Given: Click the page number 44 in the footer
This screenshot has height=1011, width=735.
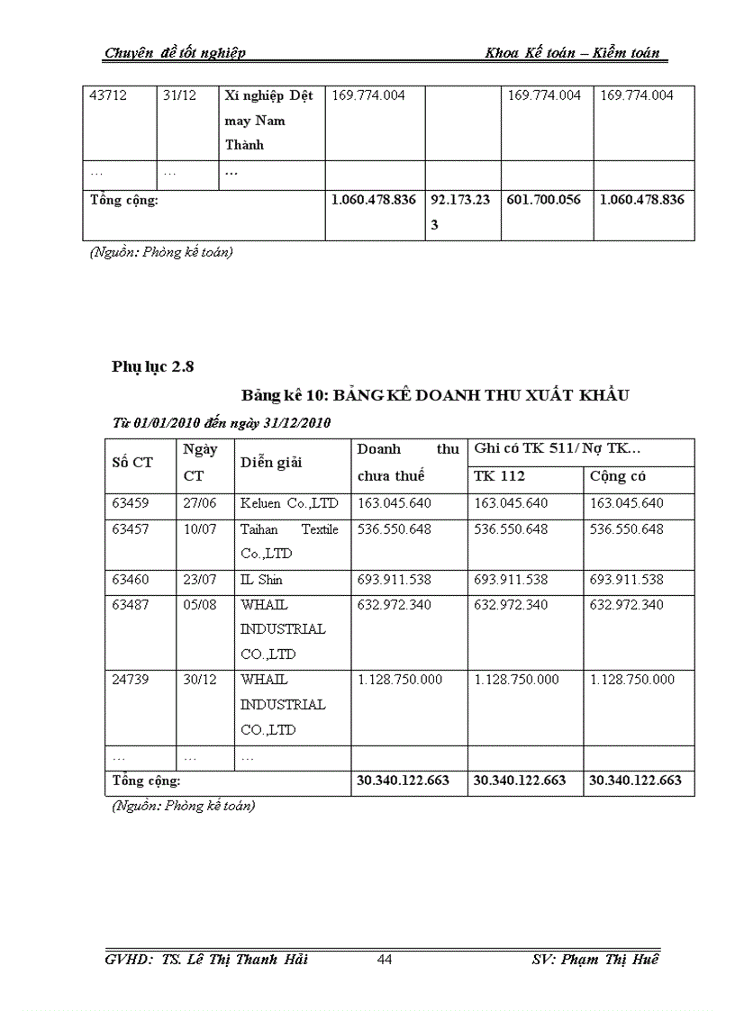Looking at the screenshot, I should point(385,960).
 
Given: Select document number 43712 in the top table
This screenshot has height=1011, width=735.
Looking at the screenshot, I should point(107,95).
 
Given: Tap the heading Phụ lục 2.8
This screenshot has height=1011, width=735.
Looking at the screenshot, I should point(153,366).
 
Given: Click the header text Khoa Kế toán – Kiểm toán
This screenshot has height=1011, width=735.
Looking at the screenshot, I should point(572,53).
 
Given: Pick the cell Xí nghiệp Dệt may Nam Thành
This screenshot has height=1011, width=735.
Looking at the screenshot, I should point(268,121).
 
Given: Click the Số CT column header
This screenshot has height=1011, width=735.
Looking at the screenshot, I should point(132,463).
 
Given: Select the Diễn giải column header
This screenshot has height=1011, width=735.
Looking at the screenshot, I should point(270,463).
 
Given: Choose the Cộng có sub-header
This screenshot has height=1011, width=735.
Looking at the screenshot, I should point(618,476).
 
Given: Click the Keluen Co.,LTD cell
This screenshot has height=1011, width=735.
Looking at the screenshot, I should point(289,503).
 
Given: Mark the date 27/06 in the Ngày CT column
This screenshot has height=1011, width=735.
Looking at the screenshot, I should point(200,503).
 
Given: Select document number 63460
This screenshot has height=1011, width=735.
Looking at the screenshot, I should point(131,580).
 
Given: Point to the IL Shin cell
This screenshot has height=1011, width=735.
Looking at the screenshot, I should point(261,580).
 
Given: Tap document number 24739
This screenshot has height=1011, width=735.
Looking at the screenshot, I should point(131,680).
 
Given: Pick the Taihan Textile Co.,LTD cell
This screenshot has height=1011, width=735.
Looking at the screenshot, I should point(289,541).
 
